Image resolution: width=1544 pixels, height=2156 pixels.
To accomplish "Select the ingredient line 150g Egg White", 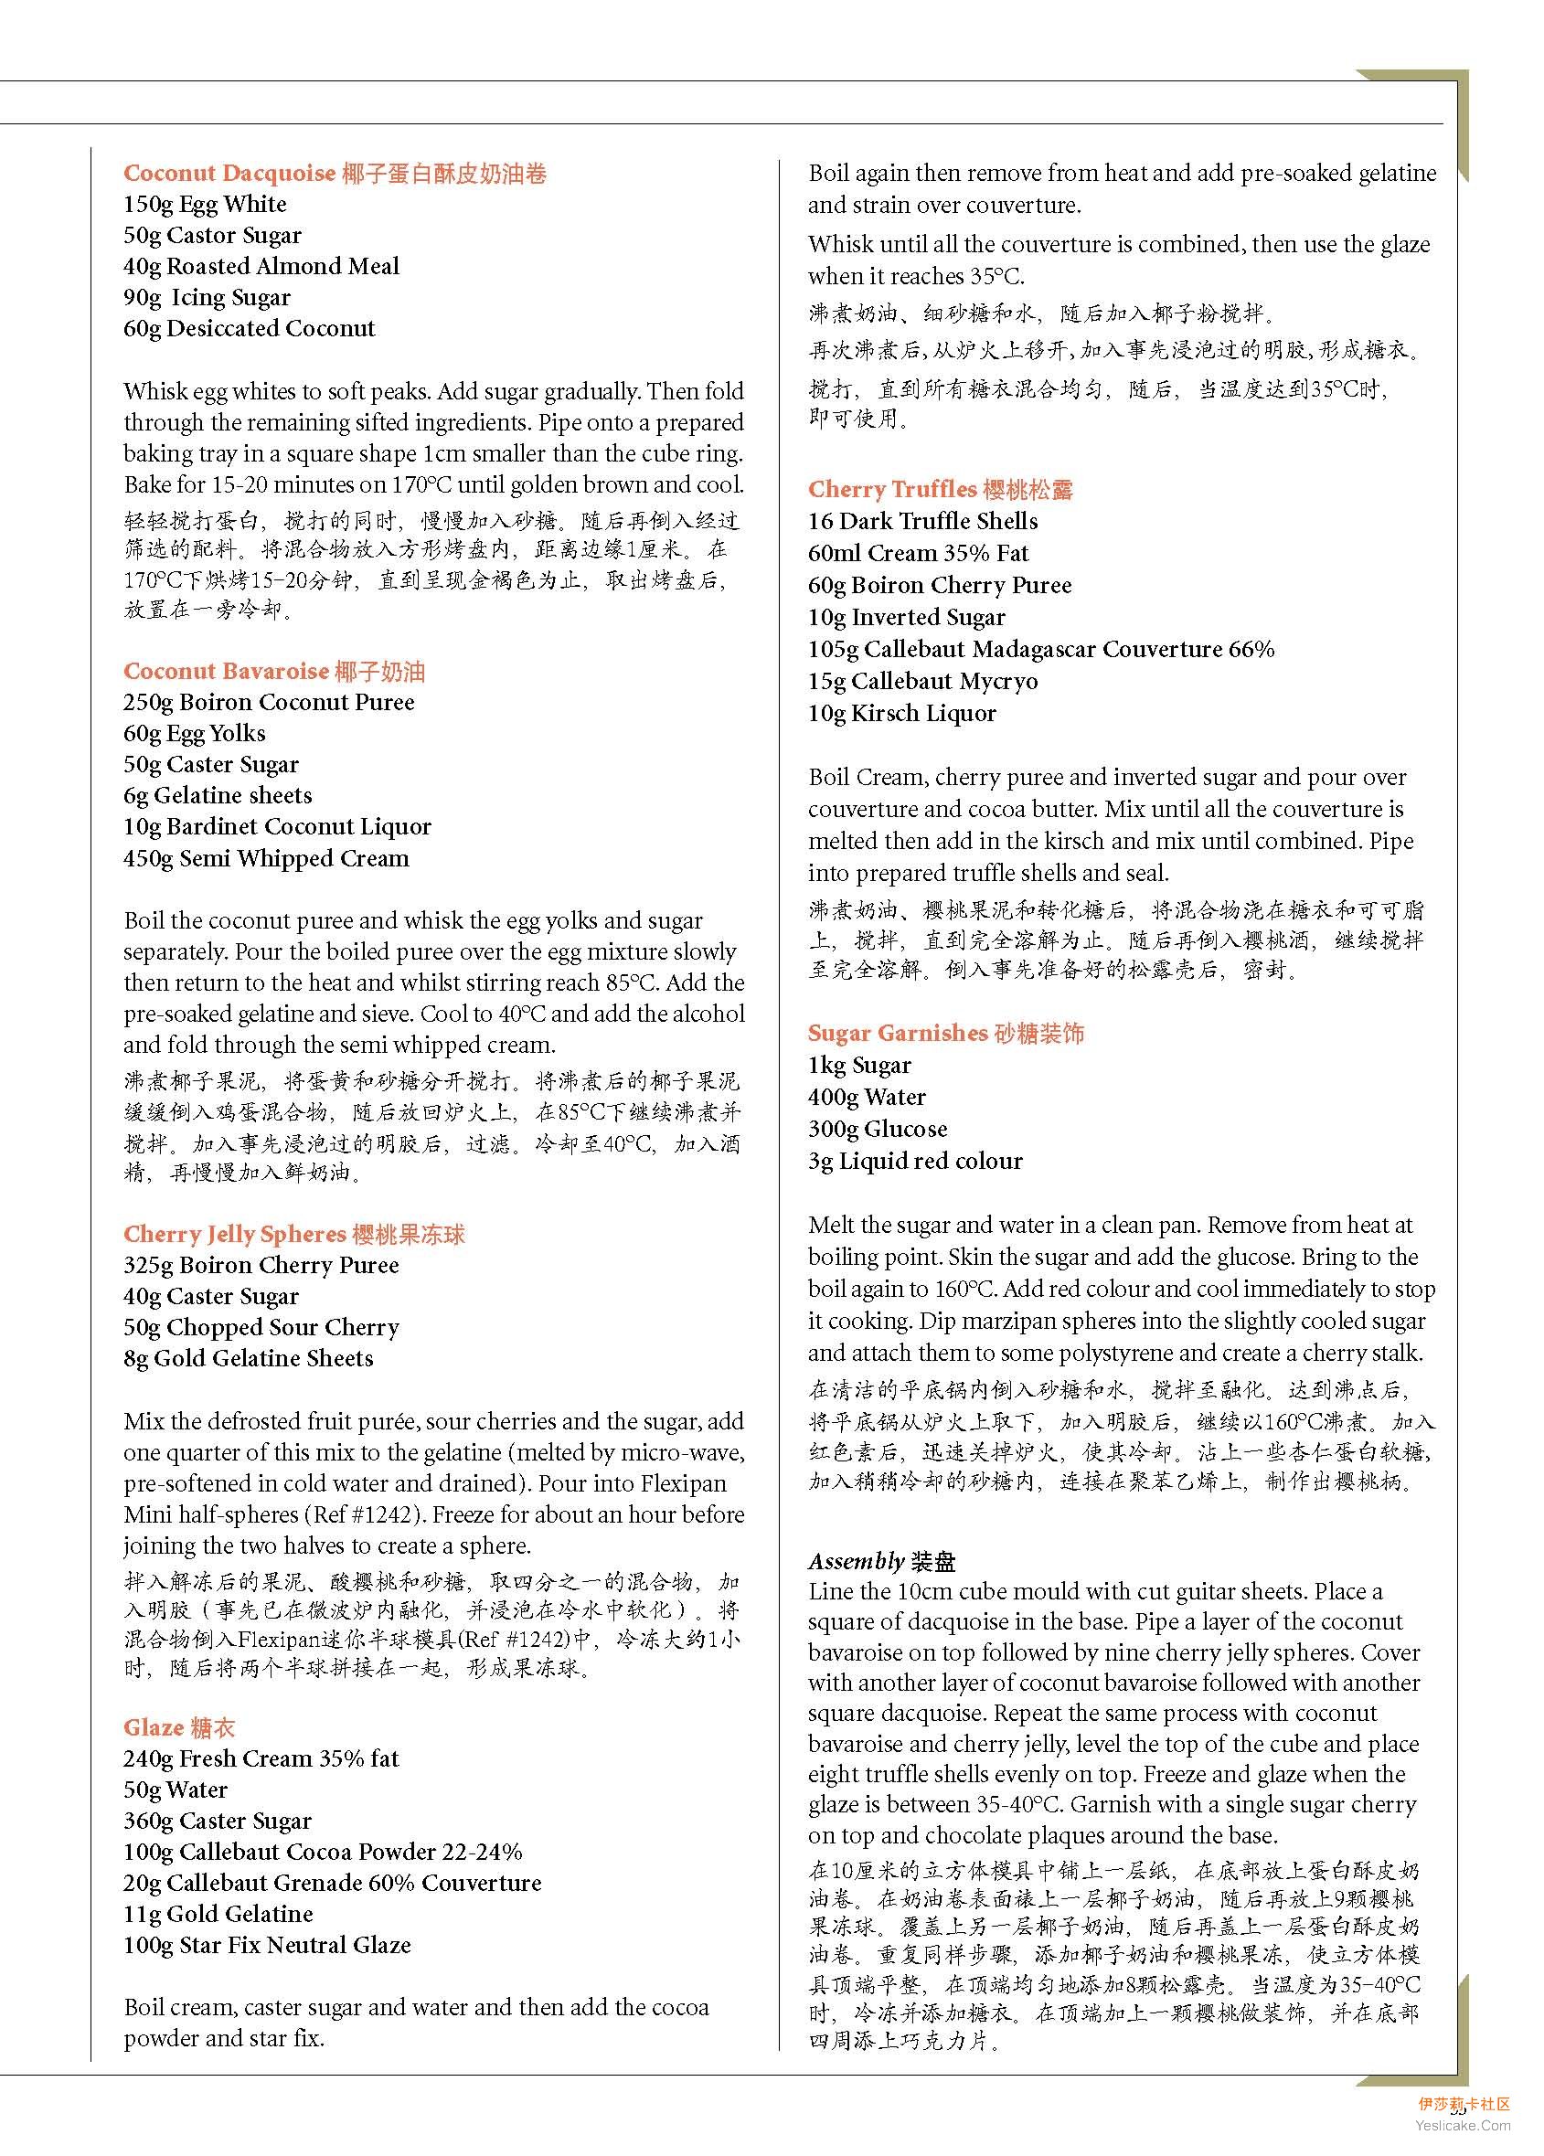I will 205,205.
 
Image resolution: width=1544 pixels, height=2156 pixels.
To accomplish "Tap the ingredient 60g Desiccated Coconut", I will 249,329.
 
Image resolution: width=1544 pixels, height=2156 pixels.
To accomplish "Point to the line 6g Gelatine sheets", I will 218,796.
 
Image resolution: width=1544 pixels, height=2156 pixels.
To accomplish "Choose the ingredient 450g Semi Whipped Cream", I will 266,858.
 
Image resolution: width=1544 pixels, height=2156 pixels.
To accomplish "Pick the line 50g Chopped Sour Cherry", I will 261,1327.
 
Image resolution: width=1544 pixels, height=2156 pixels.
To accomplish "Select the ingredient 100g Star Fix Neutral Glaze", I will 267,1945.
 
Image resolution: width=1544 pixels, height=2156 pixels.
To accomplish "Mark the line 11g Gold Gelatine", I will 218,1914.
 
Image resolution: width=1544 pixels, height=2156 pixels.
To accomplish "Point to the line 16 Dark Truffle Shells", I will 923,521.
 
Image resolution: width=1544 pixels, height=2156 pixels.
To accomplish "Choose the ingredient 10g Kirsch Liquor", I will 902,713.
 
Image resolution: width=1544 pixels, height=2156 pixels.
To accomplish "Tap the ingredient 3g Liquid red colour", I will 916,1161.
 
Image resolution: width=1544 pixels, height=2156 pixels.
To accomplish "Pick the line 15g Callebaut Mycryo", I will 923,682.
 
